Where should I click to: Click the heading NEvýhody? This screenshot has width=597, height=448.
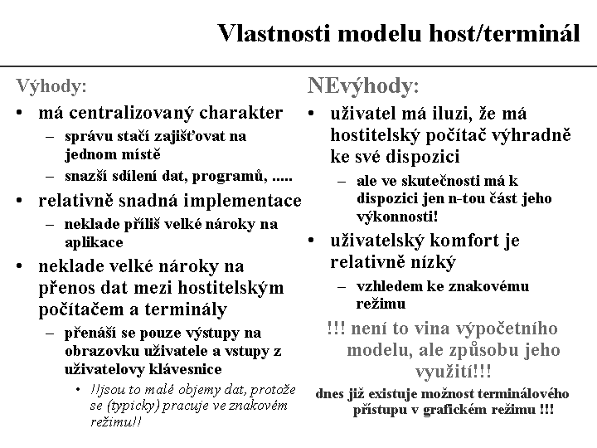363,85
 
